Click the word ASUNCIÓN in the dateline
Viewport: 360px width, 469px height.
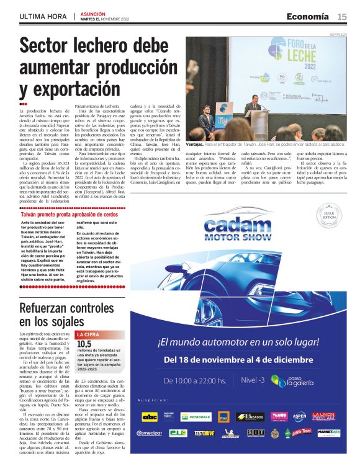(93, 12)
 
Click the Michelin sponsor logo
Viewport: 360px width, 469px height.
(230, 432)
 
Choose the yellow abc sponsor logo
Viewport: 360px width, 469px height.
(150, 416)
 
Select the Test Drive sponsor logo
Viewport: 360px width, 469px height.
(204, 432)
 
